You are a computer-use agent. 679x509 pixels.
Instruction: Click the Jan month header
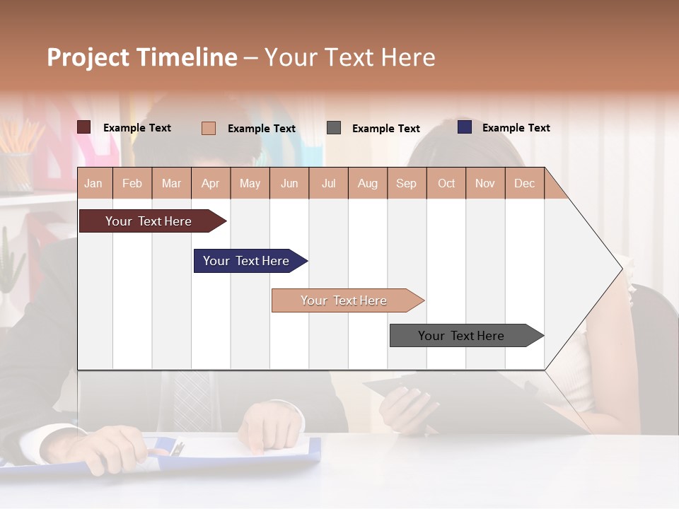[94, 183]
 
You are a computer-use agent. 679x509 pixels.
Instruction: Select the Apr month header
[211, 183]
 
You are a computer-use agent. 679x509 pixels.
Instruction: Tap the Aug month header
[368, 183]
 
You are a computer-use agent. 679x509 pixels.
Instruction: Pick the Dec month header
[525, 183]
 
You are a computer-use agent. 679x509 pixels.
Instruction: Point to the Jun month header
[289, 183]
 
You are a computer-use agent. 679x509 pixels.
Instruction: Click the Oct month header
[446, 183]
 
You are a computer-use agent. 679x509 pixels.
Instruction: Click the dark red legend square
[84, 127]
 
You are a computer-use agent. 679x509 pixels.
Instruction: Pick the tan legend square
[209, 128]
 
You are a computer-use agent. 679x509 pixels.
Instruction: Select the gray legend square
[334, 128]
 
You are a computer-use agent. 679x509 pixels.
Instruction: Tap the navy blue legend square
[465, 127]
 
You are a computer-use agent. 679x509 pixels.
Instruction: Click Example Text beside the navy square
[516, 128]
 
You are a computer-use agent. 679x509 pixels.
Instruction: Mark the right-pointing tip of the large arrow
[620, 269]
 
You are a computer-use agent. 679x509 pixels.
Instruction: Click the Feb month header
[132, 183]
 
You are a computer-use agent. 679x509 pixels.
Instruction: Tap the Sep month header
[406, 183]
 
